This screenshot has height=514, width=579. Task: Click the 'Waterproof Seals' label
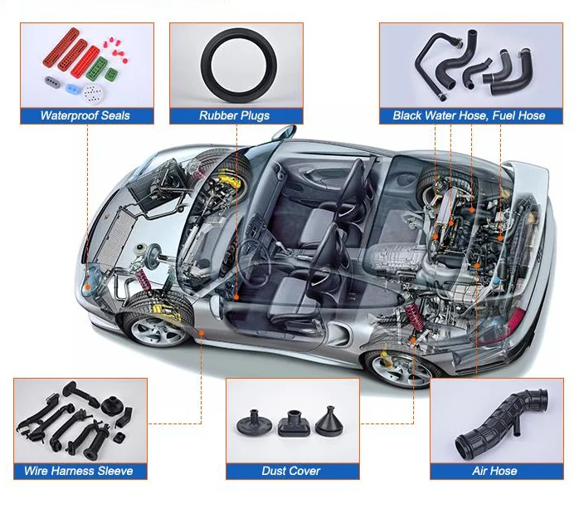click(85, 115)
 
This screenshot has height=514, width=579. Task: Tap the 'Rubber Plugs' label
click(234, 115)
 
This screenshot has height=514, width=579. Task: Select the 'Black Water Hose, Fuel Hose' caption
click(469, 115)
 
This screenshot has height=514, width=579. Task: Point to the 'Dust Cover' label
click(291, 471)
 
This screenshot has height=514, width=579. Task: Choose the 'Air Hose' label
click(494, 471)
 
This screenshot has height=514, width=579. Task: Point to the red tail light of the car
click(515, 320)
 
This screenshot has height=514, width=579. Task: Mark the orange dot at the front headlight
click(86, 285)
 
